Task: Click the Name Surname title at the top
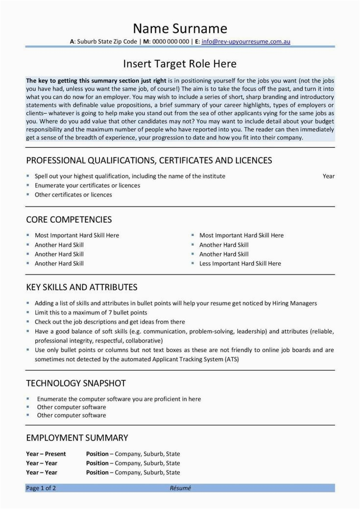(x=180, y=28)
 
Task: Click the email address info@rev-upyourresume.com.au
(x=246, y=42)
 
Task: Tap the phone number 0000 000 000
(x=170, y=42)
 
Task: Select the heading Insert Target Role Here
(x=180, y=64)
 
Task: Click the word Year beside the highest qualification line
(x=329, y=176)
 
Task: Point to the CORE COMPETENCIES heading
(x=69, y=220)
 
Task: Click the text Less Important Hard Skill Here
(x=240, y=263)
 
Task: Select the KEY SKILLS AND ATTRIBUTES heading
(x=81, y=287)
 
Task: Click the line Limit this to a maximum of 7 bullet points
(x=91, y=312)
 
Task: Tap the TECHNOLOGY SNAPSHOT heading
(x=76, y=383)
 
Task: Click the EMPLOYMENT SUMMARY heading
(x=77, y=438)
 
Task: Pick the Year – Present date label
(x=46, y=454)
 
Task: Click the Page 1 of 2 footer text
(x=41, y=488)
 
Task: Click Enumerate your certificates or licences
(x=87, y=185)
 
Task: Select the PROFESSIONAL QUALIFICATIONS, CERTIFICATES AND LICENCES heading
(x=149, y=161)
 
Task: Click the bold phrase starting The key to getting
(x=96, y=80)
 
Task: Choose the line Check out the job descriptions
(x=110, y=322)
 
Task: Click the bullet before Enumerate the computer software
(x=28, y=399)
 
